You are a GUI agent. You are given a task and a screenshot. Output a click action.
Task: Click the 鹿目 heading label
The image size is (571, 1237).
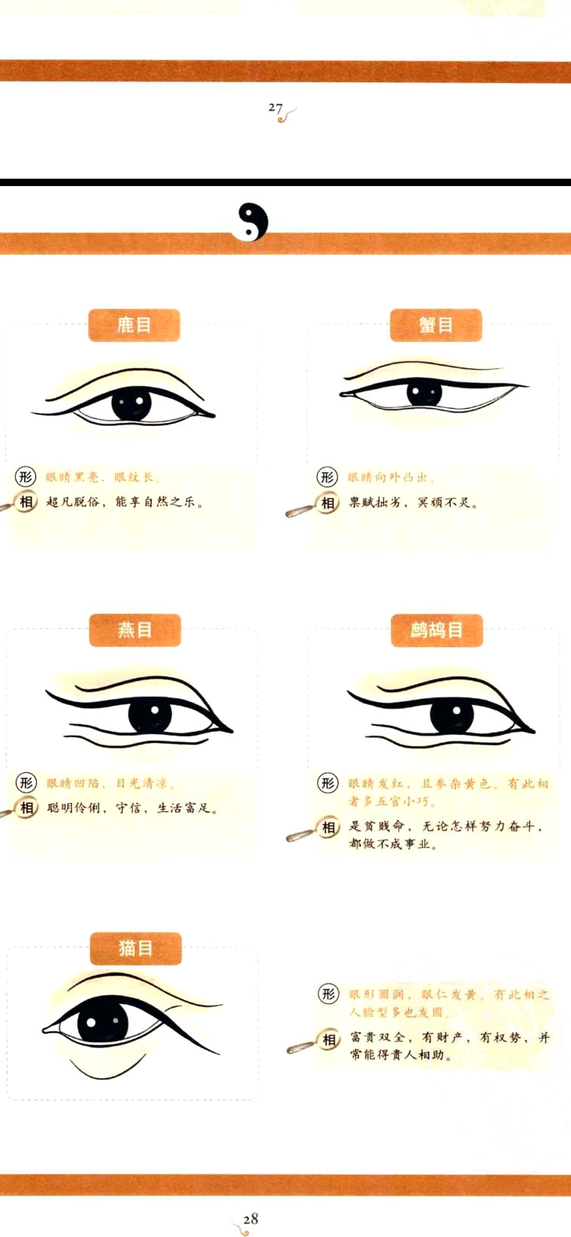pyautogui.click(x=134, y=325)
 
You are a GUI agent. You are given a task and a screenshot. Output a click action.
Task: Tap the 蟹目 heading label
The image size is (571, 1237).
pyautogui.click(x=436, y=325)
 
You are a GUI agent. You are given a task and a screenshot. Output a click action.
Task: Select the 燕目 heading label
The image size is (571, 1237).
pyautogui.click(x=135, y=630)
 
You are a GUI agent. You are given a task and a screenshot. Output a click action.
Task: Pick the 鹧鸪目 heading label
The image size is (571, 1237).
pyautogui.click(x=437, y=630)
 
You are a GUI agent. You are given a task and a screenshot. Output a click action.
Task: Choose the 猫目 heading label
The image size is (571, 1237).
pyautogui.click(x=136, y=948)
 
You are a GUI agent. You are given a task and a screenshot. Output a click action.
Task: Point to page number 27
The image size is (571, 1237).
pyautogui.click(x=275, y=108)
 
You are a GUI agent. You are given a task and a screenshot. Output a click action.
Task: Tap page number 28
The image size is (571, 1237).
pyautogui.click(x=251, y=1218)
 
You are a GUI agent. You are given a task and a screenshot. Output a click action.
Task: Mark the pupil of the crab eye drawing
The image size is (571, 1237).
pyautogui.click(x=424, y=393)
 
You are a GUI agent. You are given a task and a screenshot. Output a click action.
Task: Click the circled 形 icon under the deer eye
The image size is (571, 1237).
pyautogui.click(x=25, y=477)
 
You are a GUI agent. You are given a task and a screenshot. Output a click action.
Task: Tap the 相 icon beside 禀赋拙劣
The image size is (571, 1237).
pyautogui.click(x=328, y=503)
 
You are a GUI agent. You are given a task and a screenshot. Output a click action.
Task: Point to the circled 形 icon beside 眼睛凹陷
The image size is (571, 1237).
pyautogui.click(x=26, y=782)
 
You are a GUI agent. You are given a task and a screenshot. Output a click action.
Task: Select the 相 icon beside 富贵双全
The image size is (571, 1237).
pyautogui.click(x=329, y=1040)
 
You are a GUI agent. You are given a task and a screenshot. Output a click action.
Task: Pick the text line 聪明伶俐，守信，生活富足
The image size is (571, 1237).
pyautogui.click(x=132, y=808)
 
